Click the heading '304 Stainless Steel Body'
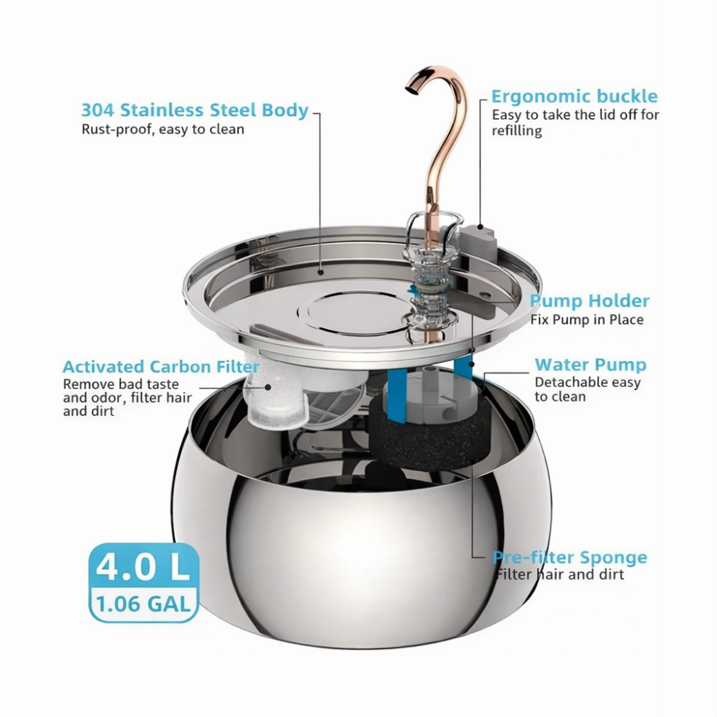click(194, 110)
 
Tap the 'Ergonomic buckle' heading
click(574, 97)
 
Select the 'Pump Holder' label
click(589, 300)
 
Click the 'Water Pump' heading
click(590, 365)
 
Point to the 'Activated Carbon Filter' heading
click(151, 367)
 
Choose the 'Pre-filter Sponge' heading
click(570, 557)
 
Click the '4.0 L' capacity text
click(143, 566)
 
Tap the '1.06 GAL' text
click(143, 604)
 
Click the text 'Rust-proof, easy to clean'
click(163, 130)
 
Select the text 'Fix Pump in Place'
click(587, 320)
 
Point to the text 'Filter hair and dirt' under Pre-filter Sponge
click(559, 574)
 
